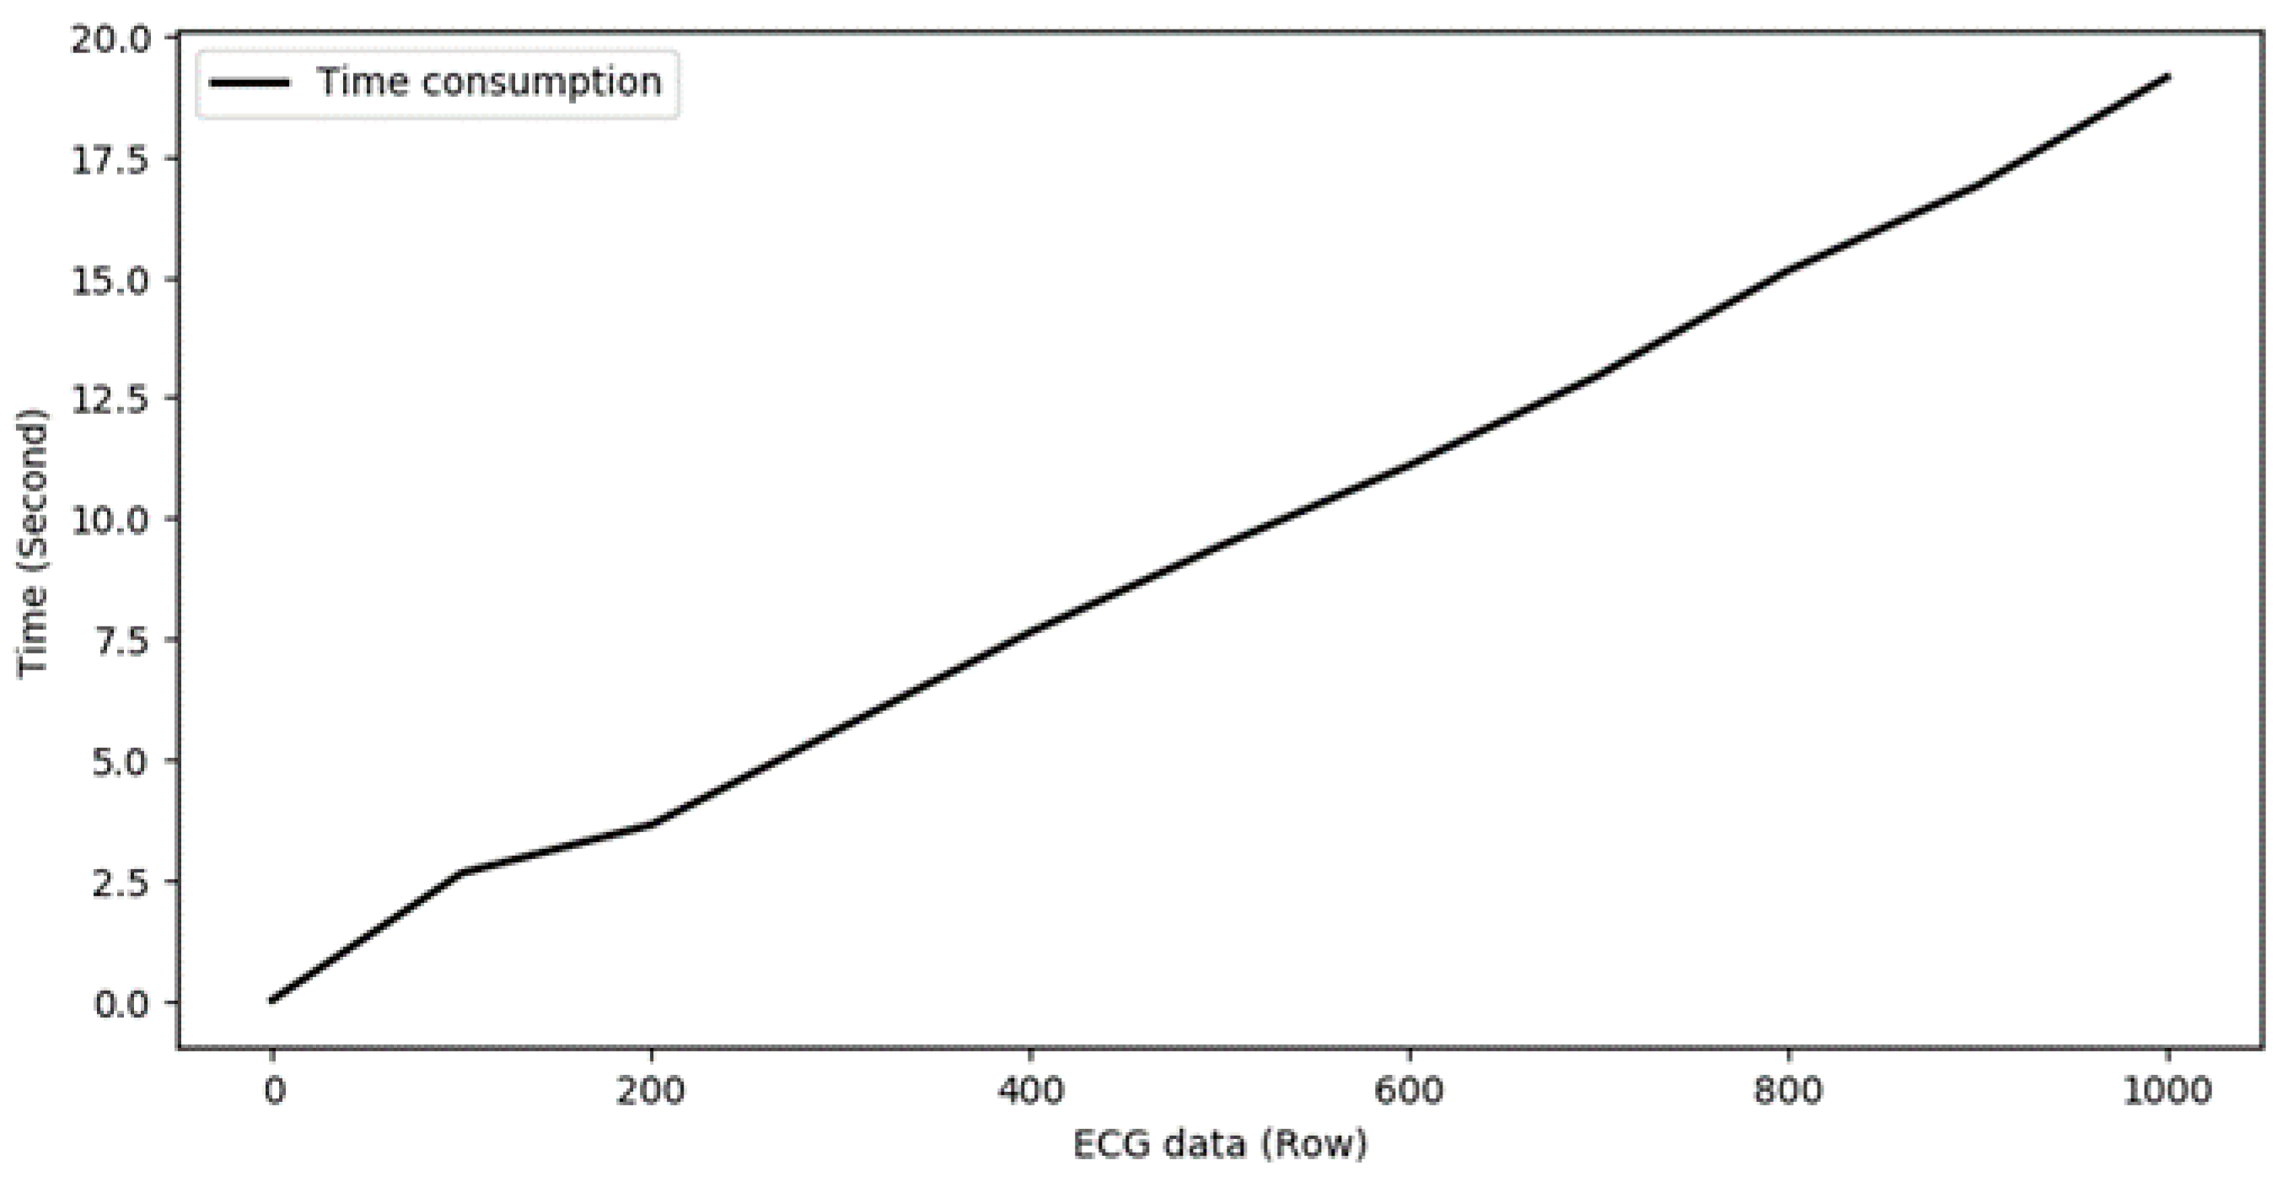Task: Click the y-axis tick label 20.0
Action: (111, 40)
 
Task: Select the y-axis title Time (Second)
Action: (33, 543)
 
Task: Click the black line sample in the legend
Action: (250, 83)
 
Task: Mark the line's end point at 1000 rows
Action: (2167, 77)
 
